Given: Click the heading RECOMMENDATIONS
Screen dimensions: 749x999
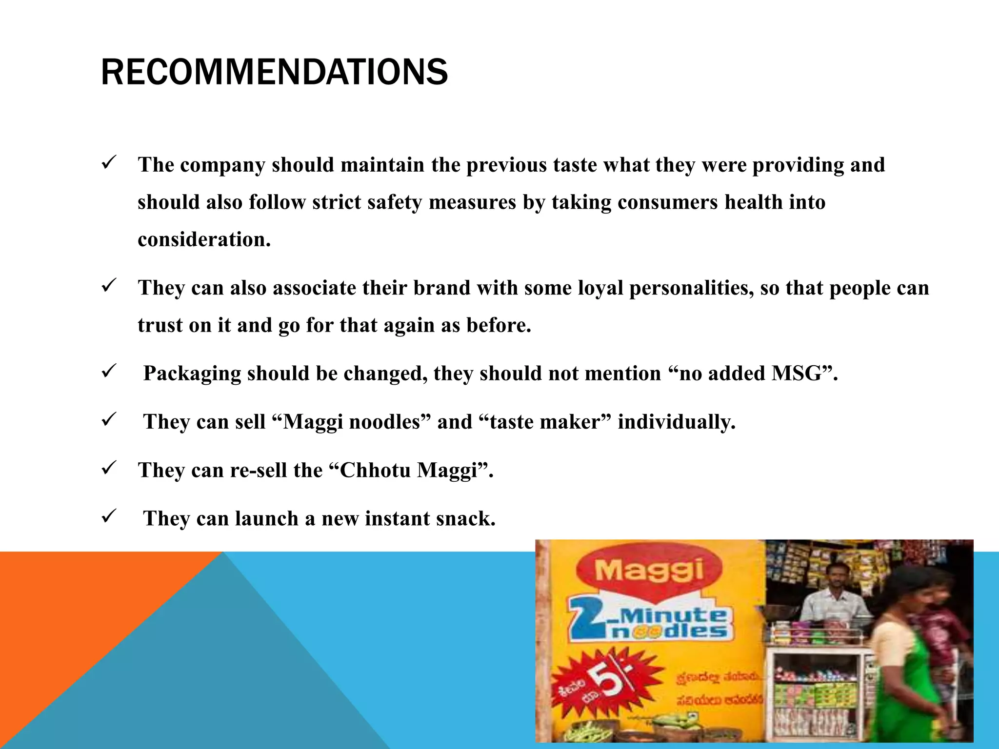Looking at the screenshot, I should (x=274, y=72).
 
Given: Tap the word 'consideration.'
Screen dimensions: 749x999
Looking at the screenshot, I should (x=204, y=239).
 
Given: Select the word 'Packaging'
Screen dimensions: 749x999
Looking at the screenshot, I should (x=192, y=374).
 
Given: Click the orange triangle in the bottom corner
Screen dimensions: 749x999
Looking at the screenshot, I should (x=73, y=634).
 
